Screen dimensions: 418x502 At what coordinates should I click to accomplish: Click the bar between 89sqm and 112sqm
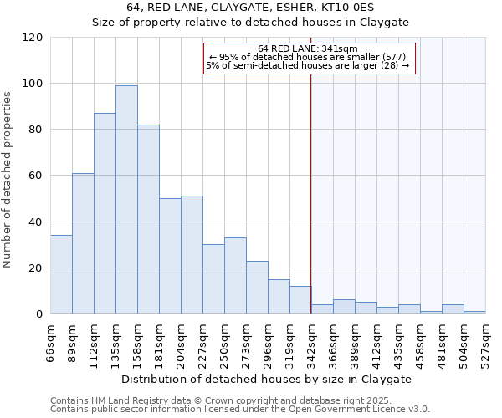coord(83,243)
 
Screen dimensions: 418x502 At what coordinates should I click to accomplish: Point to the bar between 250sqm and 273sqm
coord(235,276)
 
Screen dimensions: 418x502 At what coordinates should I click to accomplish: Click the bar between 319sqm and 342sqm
coord(300,300)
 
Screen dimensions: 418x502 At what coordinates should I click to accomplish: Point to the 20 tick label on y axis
coord(35,268)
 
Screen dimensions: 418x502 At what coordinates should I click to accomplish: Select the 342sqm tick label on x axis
coord(311,342)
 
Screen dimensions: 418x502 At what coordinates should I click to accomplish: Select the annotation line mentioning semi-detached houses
coord(308,65)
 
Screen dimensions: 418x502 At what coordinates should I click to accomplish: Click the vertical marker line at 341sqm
coord(311,192)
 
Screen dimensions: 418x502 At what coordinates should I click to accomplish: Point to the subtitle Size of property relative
coord(250,23)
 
